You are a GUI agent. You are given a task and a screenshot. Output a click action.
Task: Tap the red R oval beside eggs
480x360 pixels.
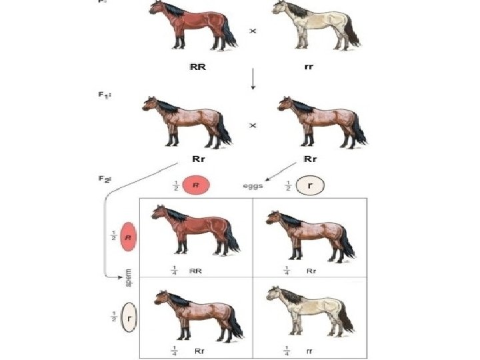pyautogui.click(x=196, y=186)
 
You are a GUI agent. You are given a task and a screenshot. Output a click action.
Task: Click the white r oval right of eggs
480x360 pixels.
pyautogui.click(x=311, y=186)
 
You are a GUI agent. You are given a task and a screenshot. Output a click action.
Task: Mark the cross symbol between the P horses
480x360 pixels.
pyautogui.click(x=253, y=31)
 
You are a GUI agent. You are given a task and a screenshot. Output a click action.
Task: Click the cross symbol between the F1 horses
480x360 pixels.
pyautogui.click(x=253, y=125)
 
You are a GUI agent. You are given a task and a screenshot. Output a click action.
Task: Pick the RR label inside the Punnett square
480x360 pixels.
pyautogui.click(x=195, y=271)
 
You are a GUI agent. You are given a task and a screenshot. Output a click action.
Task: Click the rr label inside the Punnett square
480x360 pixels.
pyautogui.click(x=310, y=349)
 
